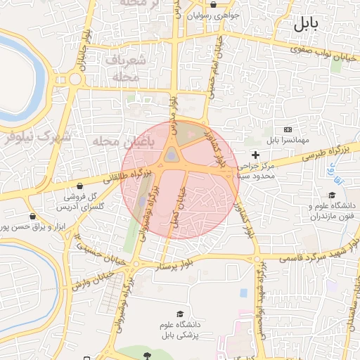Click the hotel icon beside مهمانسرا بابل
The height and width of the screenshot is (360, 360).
pyautogui.click(x=288, y=130)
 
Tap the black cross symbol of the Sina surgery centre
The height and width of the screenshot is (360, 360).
pyautogui.click(x=255, y=154)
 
